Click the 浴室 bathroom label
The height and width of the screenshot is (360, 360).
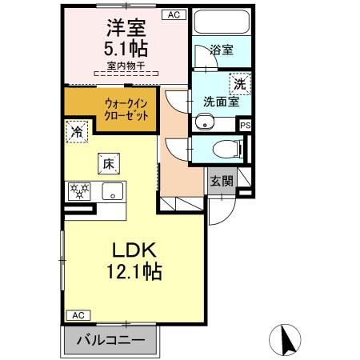pos(222,50)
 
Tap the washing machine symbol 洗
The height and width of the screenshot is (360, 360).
pos(239,82)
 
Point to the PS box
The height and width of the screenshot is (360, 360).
pos(246,124)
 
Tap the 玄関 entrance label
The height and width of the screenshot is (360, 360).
pos(222,181)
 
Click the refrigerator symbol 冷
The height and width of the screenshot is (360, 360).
pos(78,130)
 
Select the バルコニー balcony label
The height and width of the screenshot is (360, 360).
pos(110,339)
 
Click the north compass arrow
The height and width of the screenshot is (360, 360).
pos(285,339)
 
